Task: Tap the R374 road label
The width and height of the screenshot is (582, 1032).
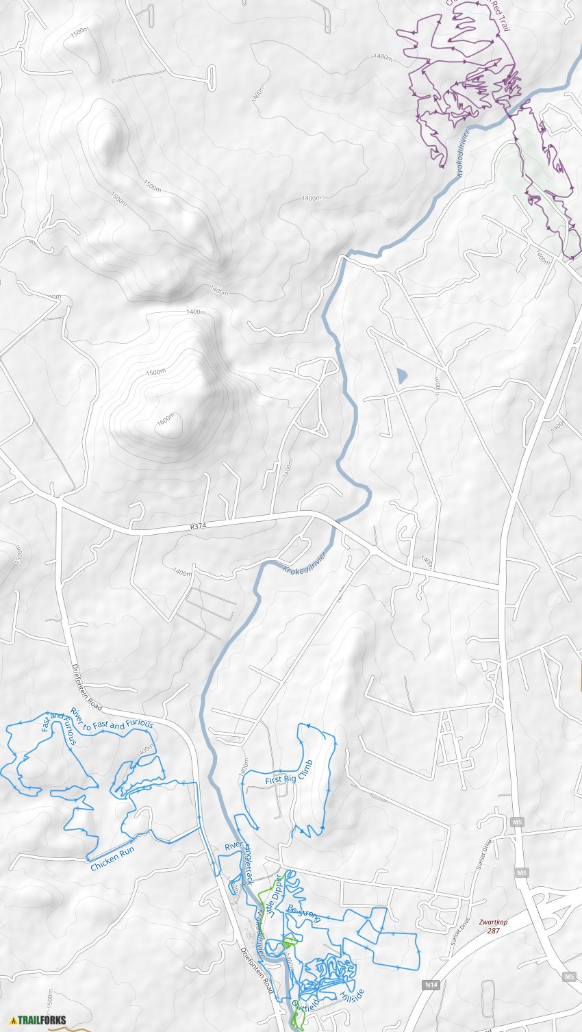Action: click(x=198, y=527)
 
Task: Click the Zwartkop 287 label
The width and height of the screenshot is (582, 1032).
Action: click(x=493, y=926)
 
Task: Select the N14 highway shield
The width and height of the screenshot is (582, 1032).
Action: click(x=430, y=984)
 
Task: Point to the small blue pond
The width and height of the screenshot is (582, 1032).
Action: click(x=401, y=375)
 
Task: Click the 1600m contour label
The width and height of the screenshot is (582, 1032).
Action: click(x=166, y=420)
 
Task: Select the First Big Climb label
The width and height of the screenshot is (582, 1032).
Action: click(x=289, y=772)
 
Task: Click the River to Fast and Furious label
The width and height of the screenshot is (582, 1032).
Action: click(x=112, y=719)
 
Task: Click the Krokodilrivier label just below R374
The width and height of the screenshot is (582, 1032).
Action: click(x=305, y=561)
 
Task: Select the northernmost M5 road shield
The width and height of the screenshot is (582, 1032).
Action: click(x=516, y=821)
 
